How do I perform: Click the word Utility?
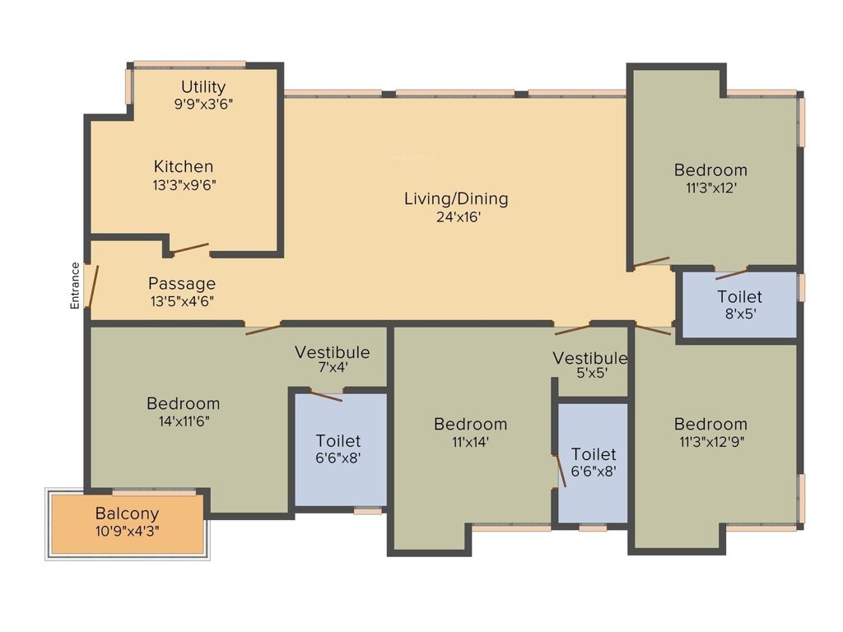coord(203,86)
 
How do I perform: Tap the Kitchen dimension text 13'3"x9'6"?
coord(183,184)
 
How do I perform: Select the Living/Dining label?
coord(455,198)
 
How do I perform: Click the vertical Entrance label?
coord(75,285)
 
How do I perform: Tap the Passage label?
coord(182,284)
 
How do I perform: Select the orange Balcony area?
coord(127,523)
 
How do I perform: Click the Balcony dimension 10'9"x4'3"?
coord(127,532)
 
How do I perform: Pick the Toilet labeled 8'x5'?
coord(739,296)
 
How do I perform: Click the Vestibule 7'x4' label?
coord(333,352)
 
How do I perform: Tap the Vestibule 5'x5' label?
coord(589,358)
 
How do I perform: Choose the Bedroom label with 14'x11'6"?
coord(183,403)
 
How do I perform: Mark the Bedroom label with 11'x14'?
coord(470,424)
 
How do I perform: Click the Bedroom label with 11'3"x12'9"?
coord(710,424)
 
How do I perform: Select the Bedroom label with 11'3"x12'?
coord(710,170)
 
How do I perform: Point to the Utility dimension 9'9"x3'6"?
coord(203,105)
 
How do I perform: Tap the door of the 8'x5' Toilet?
coord(731,274)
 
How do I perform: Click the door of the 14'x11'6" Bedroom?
coord(263,330)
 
